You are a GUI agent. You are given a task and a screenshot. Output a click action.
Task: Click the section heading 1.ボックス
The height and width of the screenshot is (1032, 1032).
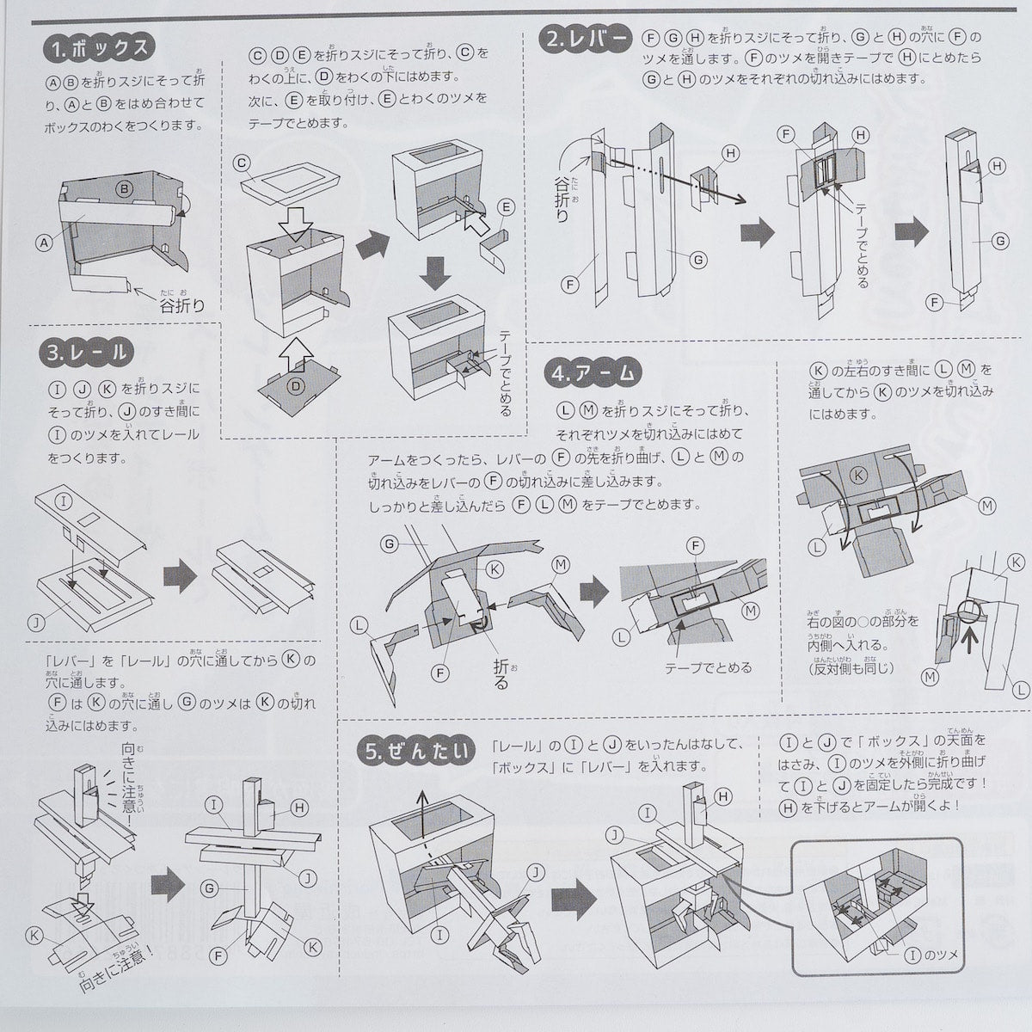coord(99,49)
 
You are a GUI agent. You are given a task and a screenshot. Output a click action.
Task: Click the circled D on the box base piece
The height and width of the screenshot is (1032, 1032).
coord(296,386)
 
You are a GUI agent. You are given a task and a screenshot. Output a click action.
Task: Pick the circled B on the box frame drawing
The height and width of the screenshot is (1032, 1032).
coord(123,188)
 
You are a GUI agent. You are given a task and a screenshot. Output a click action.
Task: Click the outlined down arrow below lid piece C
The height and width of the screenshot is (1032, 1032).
coord(295,224)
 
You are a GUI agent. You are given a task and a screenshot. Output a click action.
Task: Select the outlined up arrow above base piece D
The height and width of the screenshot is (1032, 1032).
coord(295,350)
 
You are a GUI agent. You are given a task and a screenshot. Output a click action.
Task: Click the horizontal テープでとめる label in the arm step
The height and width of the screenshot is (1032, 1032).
coord(708,667)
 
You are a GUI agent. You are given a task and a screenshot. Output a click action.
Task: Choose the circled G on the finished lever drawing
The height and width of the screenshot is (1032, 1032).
coord(999,242)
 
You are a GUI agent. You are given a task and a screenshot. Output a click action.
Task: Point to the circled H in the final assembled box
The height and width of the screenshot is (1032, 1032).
coord(723,797)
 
